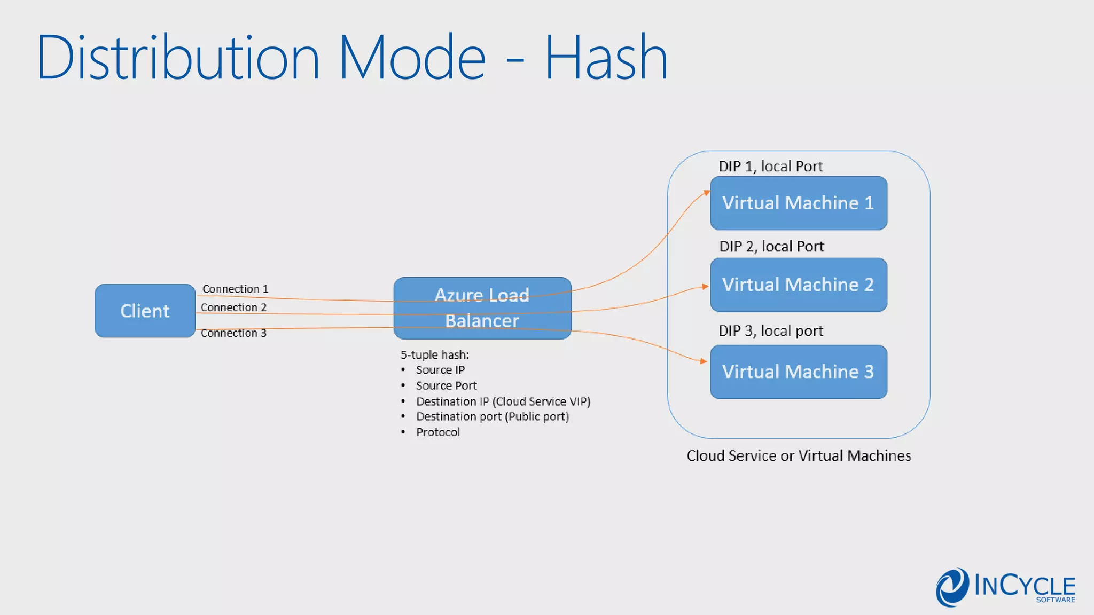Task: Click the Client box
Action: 145,311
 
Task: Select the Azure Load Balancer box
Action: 482,308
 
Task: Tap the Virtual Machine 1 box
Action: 798,203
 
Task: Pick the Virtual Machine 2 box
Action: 798,285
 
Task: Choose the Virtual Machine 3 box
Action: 798,372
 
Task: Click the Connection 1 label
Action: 235,289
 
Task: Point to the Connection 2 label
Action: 233,307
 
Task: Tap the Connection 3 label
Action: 233,333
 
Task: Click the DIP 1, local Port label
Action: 770,167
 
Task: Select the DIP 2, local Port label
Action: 771,247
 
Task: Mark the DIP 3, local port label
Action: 770,331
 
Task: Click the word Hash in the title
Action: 606,58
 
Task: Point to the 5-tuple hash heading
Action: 435,354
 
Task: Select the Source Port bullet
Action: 446,385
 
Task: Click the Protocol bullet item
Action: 437,432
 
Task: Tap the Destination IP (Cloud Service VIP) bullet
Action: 503,401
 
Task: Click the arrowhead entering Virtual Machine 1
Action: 706,193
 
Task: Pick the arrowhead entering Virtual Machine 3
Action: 704,361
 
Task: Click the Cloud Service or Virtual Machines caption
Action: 799,455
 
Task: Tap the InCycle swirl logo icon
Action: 952,587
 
